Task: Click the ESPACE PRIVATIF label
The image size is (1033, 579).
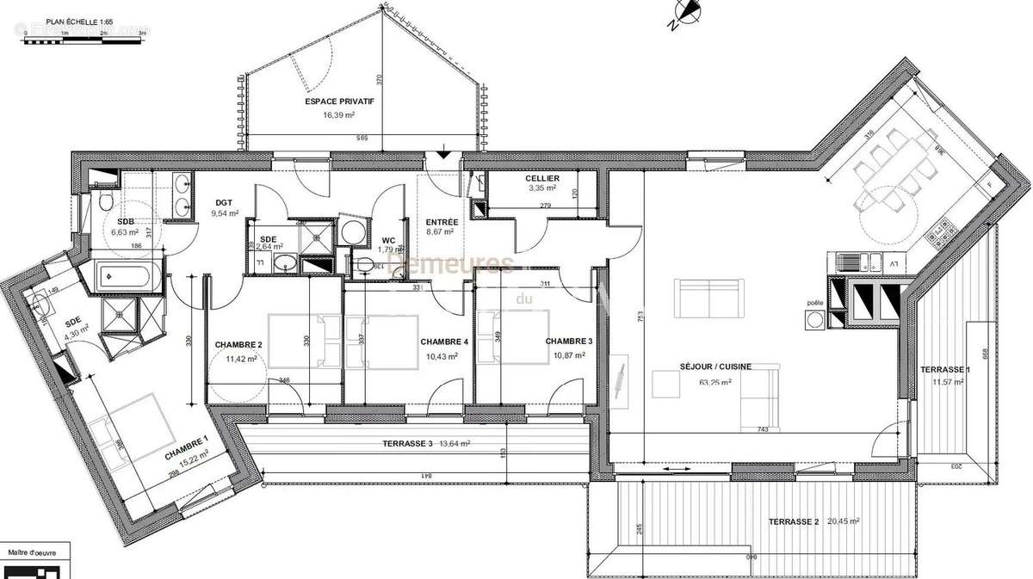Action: click(339, 102)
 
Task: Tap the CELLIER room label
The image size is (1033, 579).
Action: click(542, 178)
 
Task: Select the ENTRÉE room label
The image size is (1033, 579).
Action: click(442, 222)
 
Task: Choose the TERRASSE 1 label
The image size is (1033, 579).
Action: click(945, 369)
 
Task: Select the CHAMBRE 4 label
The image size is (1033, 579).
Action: click(444, 342)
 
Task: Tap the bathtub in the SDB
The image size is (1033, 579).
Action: click(127, 277)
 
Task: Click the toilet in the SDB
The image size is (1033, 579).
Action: click(104, 201)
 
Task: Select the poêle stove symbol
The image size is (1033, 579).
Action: click(814, 320)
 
